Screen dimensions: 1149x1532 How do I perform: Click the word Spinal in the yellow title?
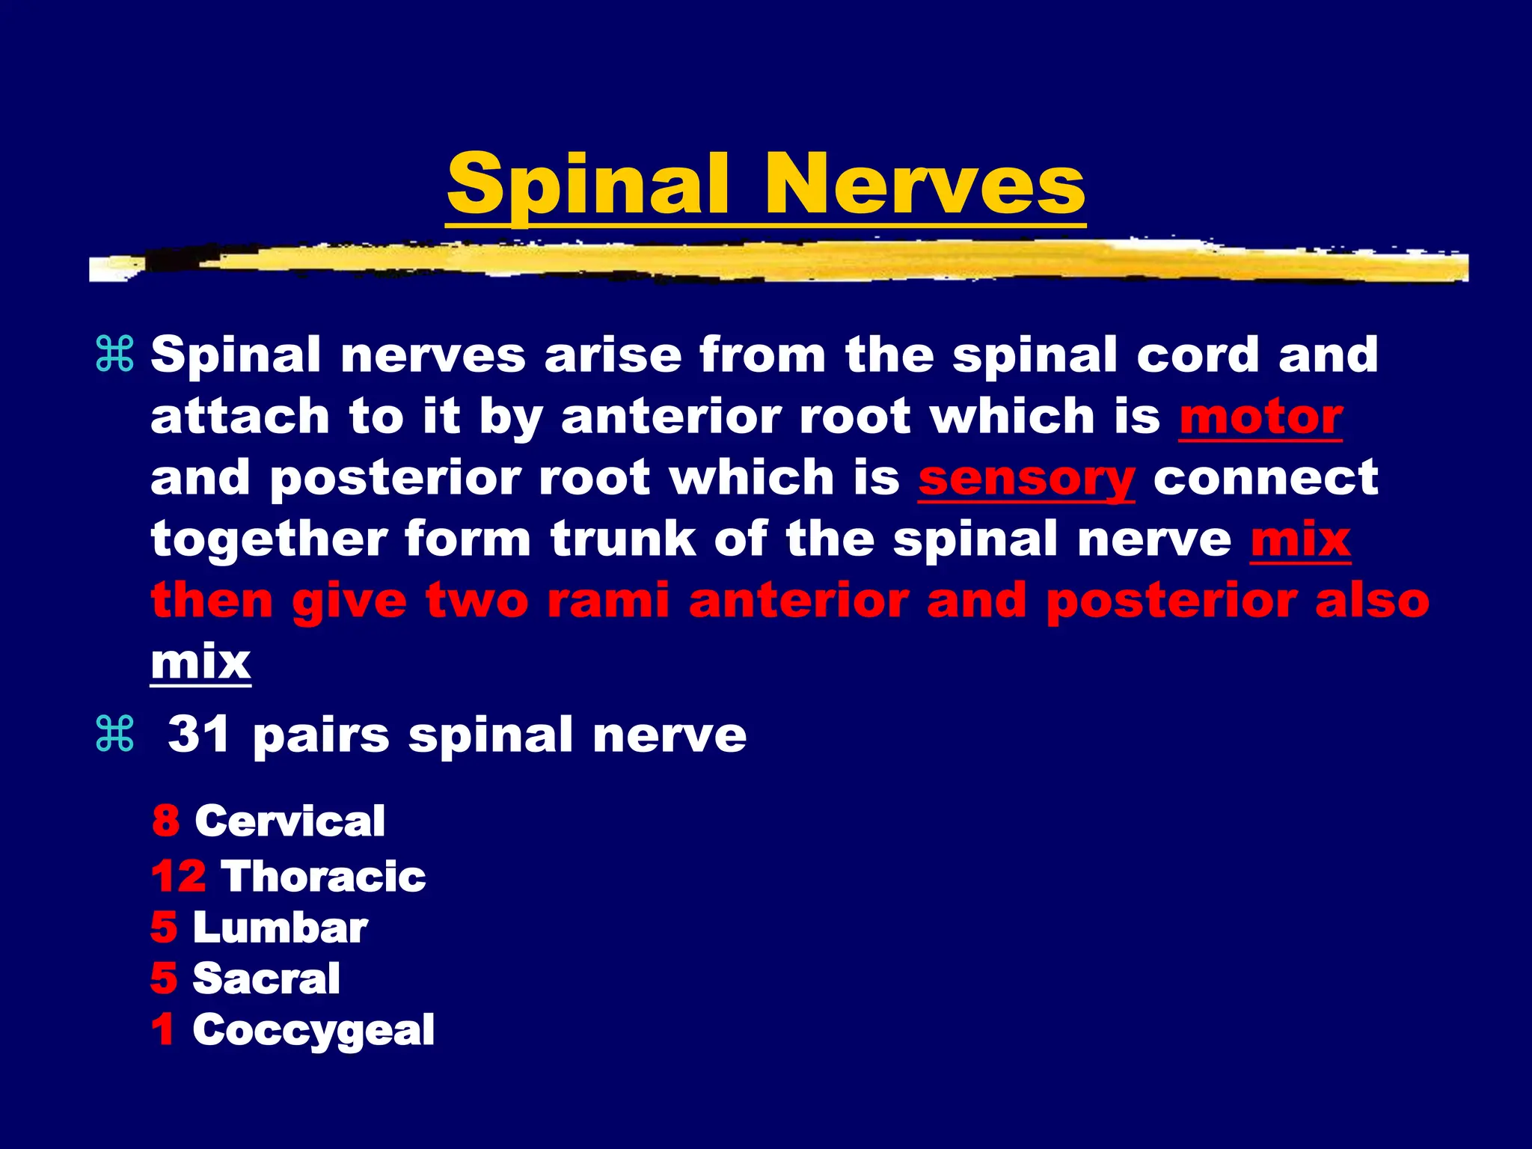(x=587, y=185)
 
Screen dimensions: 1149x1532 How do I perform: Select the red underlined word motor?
(x=1260, y=417)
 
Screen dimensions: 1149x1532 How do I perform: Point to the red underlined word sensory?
(x=1026, y=479)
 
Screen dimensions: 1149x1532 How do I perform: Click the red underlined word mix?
(x=1300, y=539)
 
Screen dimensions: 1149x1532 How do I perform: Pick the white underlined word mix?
(x=200, y=662)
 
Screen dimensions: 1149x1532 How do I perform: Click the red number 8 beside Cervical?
(x=166, y=821)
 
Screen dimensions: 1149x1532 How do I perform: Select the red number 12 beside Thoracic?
(x=179, y=876)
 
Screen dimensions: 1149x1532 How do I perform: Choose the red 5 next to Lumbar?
(x=164, y=928)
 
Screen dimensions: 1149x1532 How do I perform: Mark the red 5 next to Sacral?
(x=164, y=978)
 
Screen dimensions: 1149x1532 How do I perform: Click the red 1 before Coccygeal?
(x=163, y=1029)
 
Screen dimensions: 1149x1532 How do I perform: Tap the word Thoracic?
(x=323, y=876)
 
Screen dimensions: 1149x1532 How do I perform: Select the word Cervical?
(x=290, y=821)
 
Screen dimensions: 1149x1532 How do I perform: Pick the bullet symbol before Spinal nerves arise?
(x=115, y=355)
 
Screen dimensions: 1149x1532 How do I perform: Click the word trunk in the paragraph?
(x=622, y=539)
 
